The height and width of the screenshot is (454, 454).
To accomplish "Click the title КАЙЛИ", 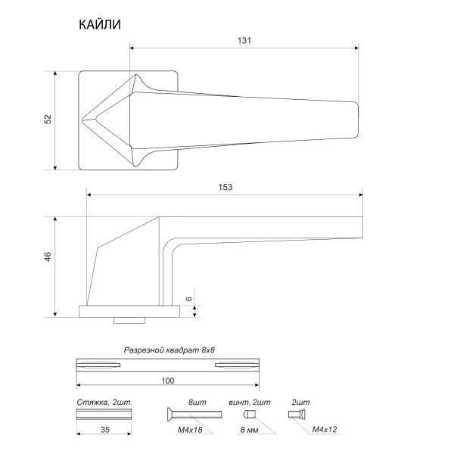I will pyautogui.click(x=100, y=25).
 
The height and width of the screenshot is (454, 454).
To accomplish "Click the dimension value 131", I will pyautogui.click(x=244, y=40).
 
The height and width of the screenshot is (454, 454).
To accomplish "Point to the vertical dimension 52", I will pyautogui.click(x=47, y=120).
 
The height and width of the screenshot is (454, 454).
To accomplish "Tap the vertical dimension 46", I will pyautogui.click(x=47, y=257).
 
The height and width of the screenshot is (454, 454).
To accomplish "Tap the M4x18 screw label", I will pyautogui.click(x=189, y=428).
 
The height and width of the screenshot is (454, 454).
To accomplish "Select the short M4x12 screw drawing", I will pyautogui.click(x=297, y=414).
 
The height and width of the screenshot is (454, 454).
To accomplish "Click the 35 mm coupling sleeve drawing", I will pyautogui.click(x=104, y=414).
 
